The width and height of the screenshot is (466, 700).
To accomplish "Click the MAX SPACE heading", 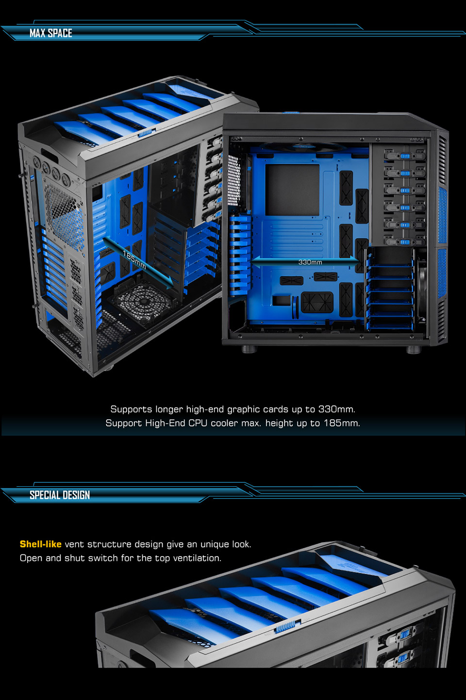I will pyautogui.click(x=50, y=33).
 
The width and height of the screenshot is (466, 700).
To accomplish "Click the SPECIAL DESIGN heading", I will pyautogui.click(x=60, y=495).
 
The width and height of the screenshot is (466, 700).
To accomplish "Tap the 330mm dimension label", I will pyautogui.click(x=310, y=262).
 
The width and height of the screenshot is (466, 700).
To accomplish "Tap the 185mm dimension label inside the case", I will pyautogui.click(x=134, y=260).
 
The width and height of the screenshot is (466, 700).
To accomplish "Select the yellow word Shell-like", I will pyautogui.click(x=40, y=544).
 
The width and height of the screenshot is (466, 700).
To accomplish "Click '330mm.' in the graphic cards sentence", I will pyautogui.click(x=337, y=409).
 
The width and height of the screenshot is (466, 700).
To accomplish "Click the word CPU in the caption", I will pyautogui.click(x=198, y=423).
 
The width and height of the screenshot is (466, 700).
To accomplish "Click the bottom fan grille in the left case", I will pyautogui.click(x=143, y=301).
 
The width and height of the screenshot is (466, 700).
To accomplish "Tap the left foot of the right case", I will pyautogui.click(x=249, y=349).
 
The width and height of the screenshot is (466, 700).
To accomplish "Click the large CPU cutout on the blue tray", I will pyautogui.click(x=292, y=189).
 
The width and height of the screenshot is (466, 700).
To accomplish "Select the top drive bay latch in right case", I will pyautogui.click(x=405, y=156).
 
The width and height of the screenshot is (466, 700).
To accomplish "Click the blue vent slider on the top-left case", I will pyautogui.click(x=145, y=133).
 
